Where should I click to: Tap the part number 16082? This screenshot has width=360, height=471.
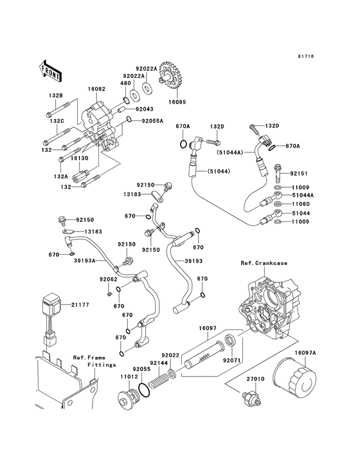pos(96,89)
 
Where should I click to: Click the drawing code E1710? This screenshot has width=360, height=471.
pos(305,56)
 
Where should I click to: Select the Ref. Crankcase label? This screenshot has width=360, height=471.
pos(264,263)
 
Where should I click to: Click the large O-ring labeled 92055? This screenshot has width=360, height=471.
pos(145,390)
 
